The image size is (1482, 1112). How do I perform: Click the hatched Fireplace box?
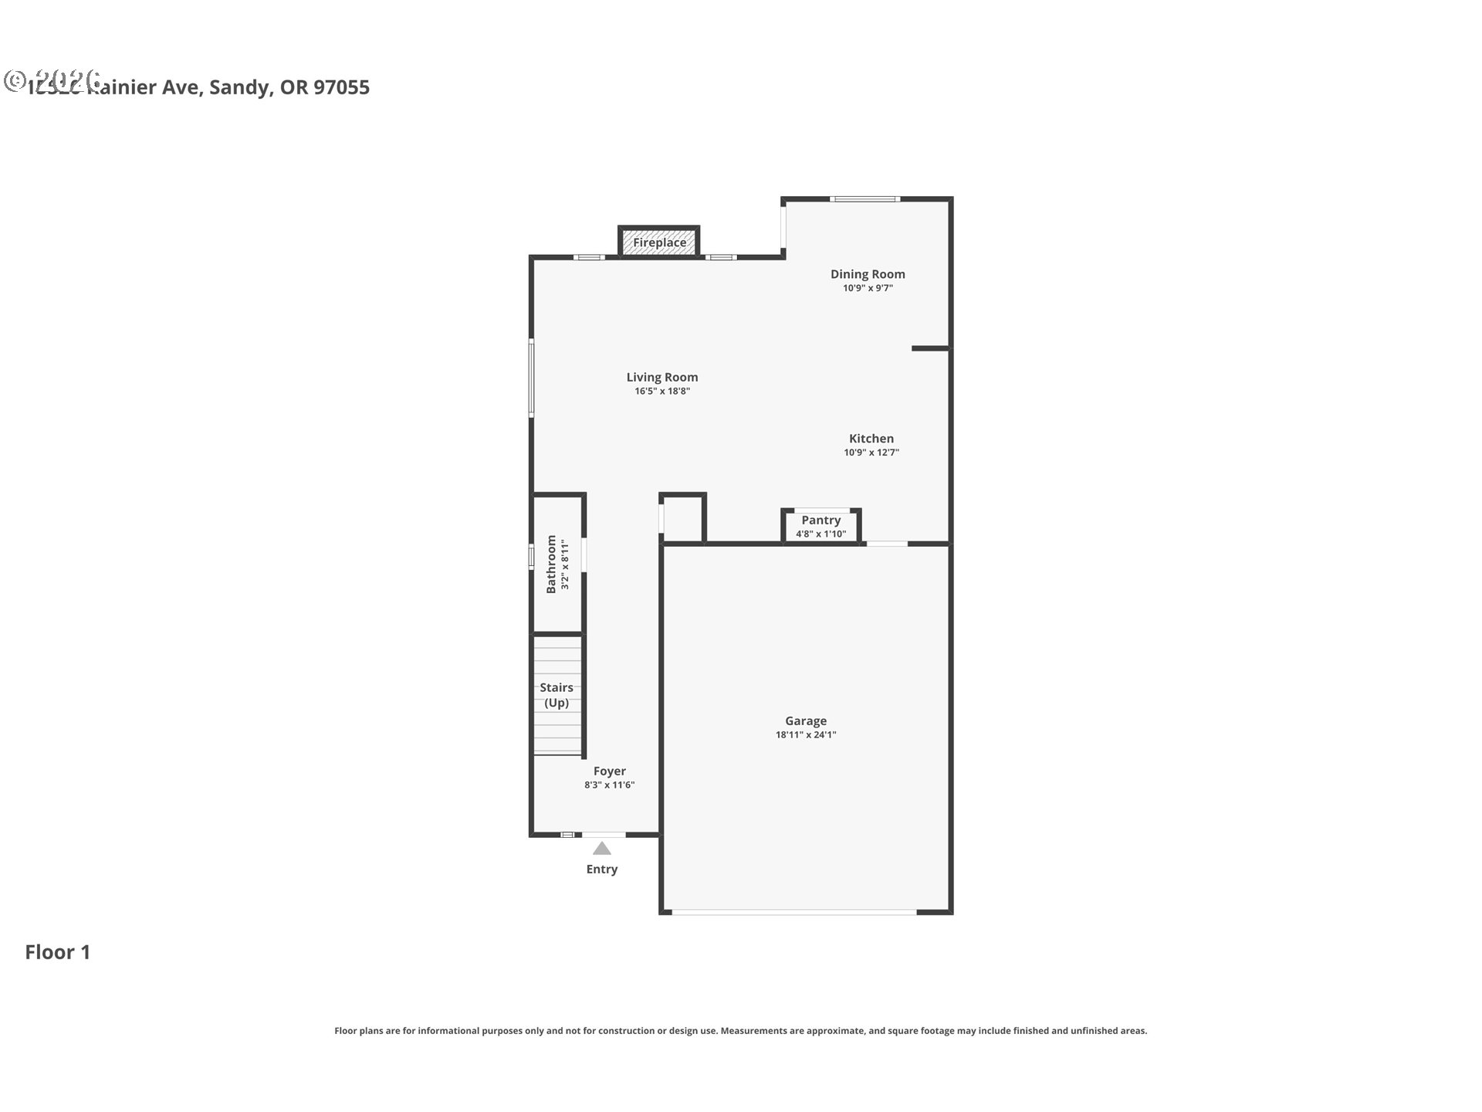point(659,242)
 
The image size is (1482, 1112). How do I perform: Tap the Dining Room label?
point(868,274)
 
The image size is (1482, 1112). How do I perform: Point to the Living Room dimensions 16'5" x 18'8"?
point(662,392)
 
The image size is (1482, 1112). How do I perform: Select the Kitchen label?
point(871,438)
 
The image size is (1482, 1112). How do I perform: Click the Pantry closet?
point(821,526)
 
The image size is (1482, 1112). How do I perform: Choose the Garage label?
point(806,720)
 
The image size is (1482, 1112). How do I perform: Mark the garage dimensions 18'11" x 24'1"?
point(806,735)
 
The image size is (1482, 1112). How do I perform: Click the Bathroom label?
point(551,564)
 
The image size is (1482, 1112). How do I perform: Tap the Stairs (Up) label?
point(557,695)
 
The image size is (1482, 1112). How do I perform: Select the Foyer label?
point(609,771)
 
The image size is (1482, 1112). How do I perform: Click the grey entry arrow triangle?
point(602,849)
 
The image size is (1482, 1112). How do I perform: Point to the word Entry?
point(602,870)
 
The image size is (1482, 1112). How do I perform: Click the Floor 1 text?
point(58,952)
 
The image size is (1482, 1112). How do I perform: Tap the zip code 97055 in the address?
point(342,87)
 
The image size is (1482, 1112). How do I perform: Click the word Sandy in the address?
point(239,87)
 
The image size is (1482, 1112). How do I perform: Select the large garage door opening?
point(794,913)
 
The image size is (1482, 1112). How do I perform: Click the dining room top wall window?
point(864,199)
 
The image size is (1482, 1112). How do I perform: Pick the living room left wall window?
point(531,378)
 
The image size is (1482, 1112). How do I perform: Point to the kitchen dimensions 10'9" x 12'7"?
point(871,453)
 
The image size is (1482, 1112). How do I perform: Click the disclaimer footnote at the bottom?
point(741,1031)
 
